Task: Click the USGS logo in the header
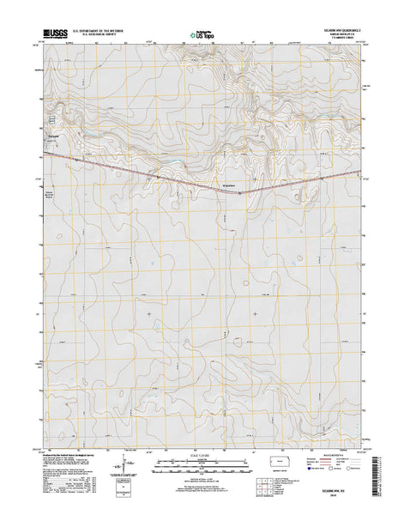(51, 38)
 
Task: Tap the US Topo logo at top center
(202, 37)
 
